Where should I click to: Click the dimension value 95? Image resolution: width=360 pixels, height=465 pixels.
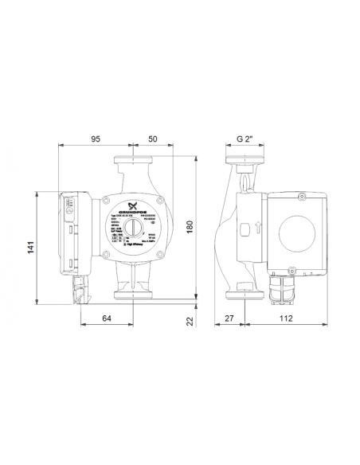95,139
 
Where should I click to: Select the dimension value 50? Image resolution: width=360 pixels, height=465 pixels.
151,139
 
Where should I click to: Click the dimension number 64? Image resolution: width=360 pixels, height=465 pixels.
108,318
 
